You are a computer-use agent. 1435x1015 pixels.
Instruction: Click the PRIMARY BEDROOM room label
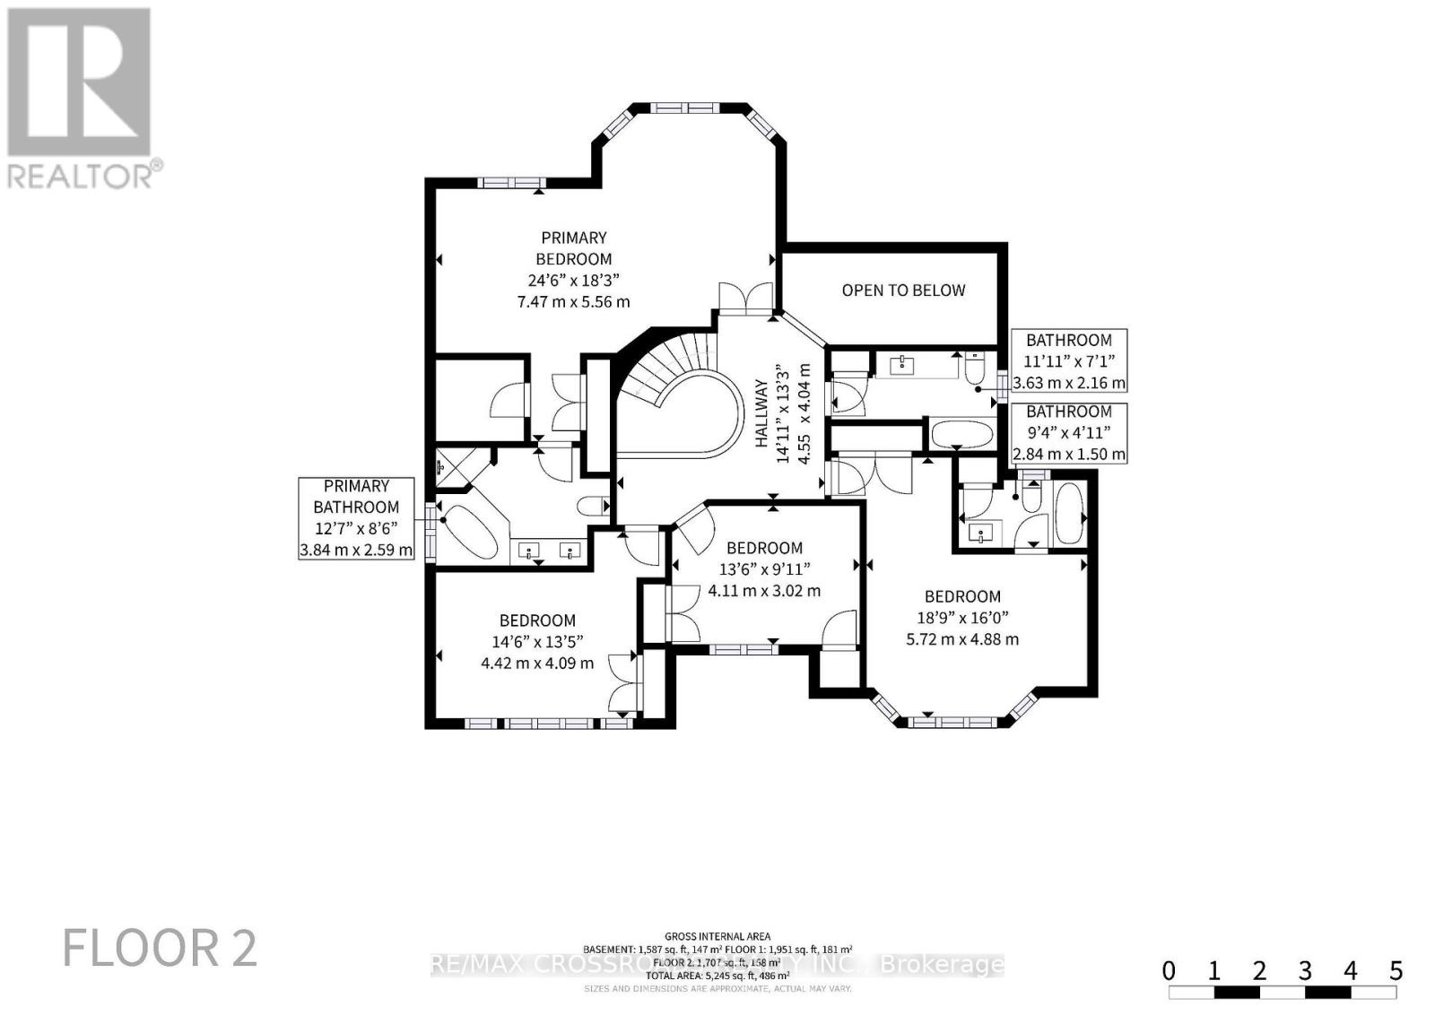[573, 248]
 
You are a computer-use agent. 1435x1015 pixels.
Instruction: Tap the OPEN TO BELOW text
[903, 291]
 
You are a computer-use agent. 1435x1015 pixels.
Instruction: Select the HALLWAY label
[761, 412]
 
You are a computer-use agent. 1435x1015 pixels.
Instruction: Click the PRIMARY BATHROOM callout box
[356, 518]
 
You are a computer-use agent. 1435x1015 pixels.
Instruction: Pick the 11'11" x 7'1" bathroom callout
[1068, 361]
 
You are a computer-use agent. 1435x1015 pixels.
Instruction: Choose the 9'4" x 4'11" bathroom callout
[1068, 433]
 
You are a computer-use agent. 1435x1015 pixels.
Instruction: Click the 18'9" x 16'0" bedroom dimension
[962, 618]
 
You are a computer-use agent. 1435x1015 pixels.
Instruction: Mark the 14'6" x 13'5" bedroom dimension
[537, 642]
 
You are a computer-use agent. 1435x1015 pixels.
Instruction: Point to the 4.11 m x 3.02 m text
[764, 591]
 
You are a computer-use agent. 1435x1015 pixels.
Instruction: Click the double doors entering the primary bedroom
[745, 297]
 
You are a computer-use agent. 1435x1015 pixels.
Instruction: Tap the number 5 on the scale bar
[1396, 970]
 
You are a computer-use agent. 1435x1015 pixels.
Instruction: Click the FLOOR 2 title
[160, 948]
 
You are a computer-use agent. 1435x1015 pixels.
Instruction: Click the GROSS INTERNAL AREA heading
[717, 937]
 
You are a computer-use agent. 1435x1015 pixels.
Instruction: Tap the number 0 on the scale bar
[1169, 970]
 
